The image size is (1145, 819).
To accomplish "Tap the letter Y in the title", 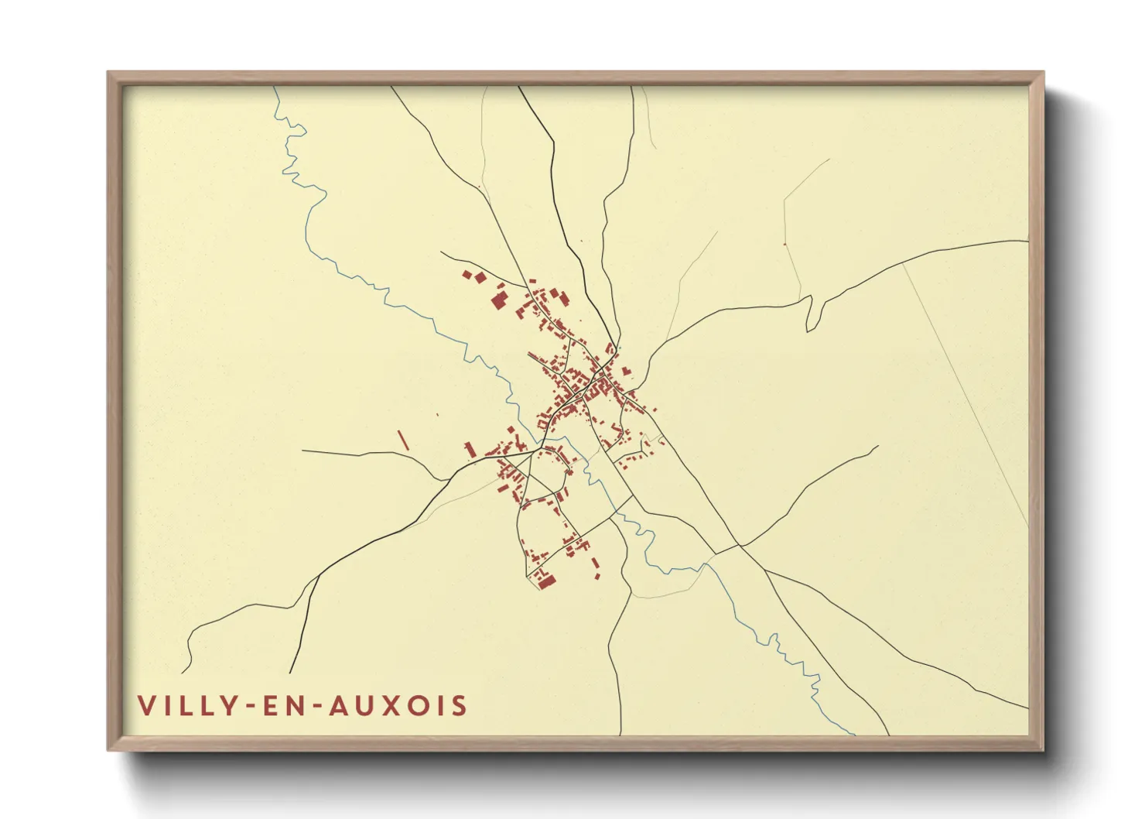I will [230, 706].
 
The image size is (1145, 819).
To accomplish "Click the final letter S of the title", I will [460, 706].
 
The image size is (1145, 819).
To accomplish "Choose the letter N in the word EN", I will [299, 706].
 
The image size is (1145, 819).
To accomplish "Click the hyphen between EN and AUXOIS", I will [317, 707].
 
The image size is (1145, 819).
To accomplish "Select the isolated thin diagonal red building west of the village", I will [402, 440].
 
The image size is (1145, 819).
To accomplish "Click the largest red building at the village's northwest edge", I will [498, 300].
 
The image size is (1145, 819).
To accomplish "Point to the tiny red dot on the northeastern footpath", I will [784, 245].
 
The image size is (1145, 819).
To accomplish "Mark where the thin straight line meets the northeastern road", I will [902, 263].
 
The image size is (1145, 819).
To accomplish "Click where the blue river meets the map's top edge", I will [275, 87].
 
